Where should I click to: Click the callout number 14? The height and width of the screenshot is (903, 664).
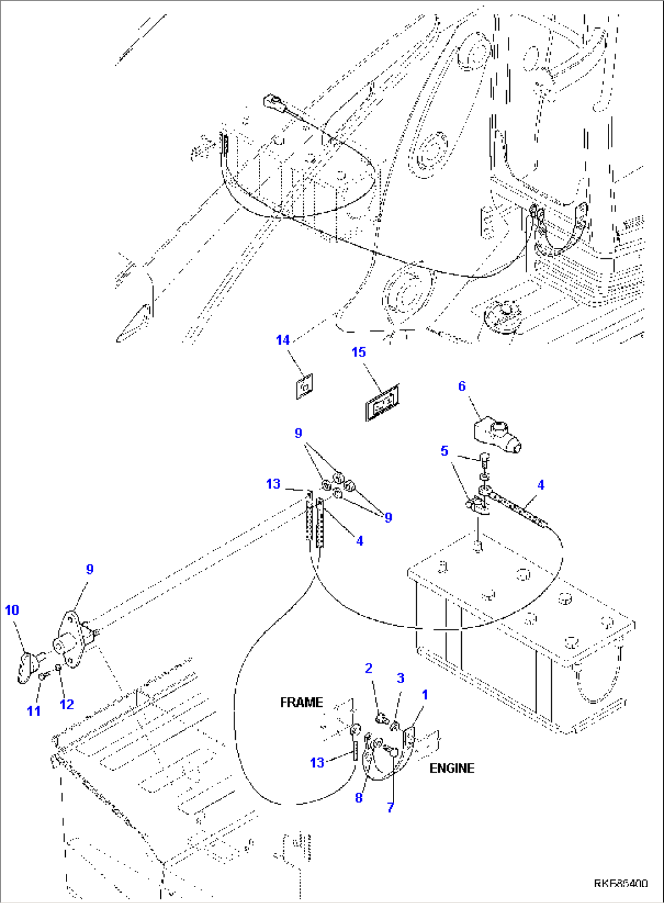pyautogui.click(x=283, y=340)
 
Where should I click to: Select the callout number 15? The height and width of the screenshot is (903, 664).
pyautogui.click(x=359, y=352)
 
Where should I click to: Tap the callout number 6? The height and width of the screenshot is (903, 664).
pyautogui.click(x=462, y=386)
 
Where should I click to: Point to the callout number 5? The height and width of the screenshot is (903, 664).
pyautogui.click(x=445, y=451)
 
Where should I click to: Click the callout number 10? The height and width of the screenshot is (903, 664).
pyautogui.click(x=12, y=610)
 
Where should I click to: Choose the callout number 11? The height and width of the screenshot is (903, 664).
pyautogui.click(x=34, y=710)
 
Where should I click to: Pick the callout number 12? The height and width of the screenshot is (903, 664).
pyautogui.click(x=66, y=704)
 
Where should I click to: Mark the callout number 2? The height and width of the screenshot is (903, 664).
pyautogui.click(x=369, y=668)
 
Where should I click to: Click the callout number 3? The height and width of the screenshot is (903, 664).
pyautogui.click(x=400, y=678)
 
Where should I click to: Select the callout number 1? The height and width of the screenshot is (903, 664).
pyautogui.click(x=425, y=695)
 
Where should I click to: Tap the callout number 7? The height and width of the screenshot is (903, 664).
pyautogui.click(x=390, y=808)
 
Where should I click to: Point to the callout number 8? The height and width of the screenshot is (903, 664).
pyautogui.click(x=359, y=798)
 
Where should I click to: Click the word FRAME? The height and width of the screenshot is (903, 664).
pyautogui.click(x=301, y=703)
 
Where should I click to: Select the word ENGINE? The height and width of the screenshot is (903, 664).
pyautogui.click(x=451, y=768)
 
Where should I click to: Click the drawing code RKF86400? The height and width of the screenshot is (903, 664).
pyautogui.click(x=621, y=884)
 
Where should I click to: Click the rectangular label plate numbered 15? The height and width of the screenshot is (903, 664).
pyautogui.click(x=383, y=403)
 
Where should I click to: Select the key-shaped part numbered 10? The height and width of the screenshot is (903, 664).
pyautogui.click(x=29, y=665)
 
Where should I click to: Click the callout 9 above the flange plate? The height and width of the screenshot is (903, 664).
pyautogui.click(x=90, y=569)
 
